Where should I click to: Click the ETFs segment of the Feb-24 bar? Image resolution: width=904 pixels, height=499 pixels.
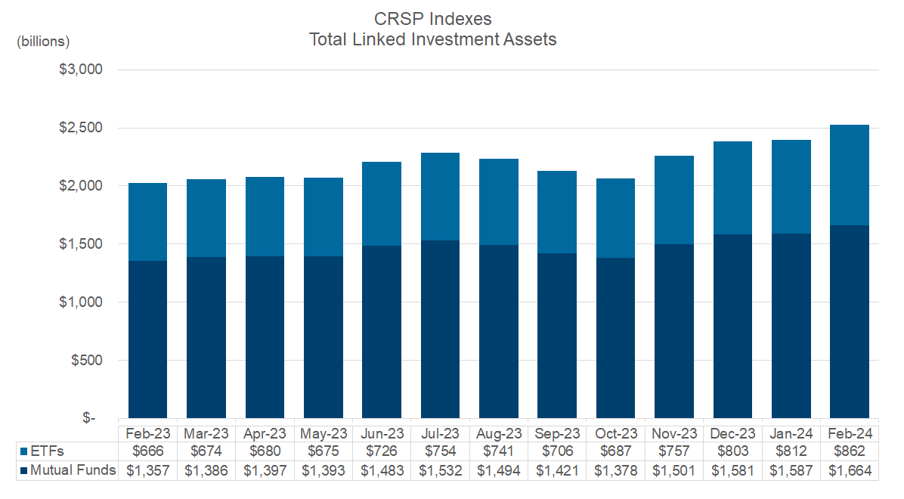point(849,175)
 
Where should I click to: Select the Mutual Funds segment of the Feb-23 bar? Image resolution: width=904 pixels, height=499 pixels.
point(147,339)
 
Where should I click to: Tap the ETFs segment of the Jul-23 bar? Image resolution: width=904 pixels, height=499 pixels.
point(440,197)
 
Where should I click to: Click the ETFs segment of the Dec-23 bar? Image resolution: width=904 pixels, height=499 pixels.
point(732,188)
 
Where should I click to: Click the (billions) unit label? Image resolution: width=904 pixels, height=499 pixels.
point(43,41)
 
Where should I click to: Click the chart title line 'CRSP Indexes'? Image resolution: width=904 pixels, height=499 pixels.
point(432,17)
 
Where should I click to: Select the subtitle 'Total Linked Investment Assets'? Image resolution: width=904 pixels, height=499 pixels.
point(432,39)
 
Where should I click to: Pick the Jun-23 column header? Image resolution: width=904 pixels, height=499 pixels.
point(382,433)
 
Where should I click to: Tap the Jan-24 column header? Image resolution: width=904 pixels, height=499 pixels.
point(791,433)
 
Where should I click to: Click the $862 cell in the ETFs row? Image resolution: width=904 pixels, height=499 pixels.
point(849,451)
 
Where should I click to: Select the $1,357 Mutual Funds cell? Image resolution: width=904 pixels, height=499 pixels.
point(147,470)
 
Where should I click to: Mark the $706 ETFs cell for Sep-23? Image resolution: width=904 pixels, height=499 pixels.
point(557,451)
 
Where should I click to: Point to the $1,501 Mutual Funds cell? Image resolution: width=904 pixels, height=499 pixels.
point(673,470)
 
